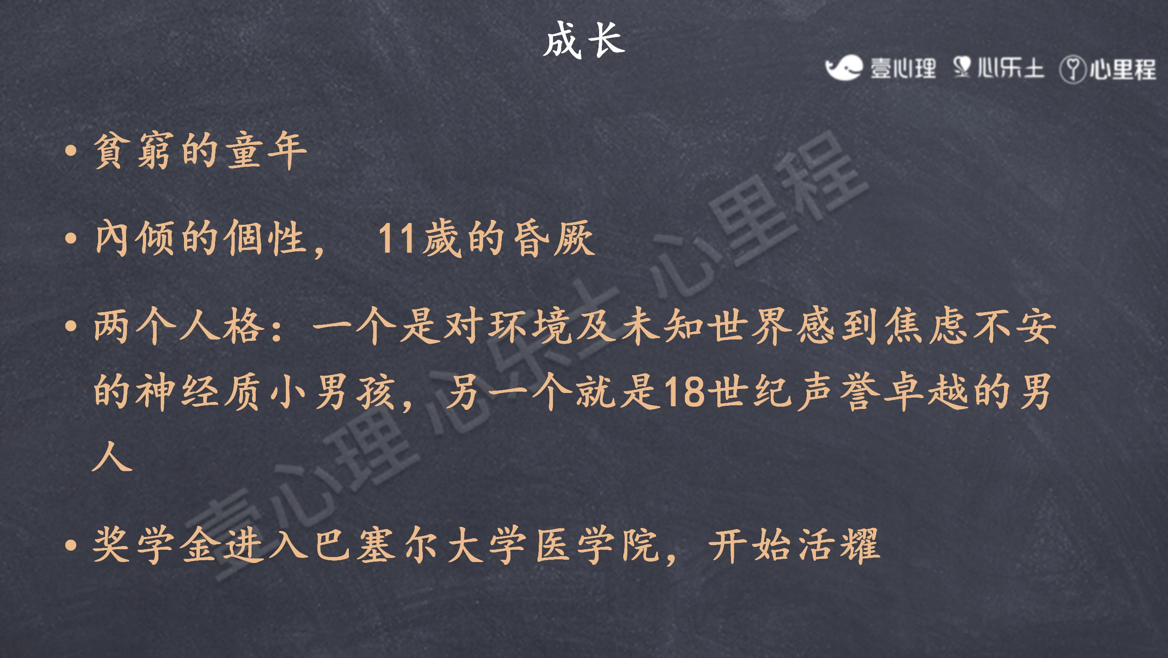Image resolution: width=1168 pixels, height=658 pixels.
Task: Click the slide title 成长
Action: [x=584, y=40]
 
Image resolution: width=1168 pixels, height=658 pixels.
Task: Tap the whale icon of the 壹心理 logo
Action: [x=843, y=68]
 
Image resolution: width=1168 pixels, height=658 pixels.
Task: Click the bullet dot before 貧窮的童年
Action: [x=70, y=151]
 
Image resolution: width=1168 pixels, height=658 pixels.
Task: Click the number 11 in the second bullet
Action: [x=396, y=238]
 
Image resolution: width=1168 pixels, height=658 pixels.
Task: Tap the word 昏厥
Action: [x=553, y=238]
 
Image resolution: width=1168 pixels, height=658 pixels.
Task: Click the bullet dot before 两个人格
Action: [x=70, y=326]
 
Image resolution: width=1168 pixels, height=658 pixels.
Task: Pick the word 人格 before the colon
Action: [x=222, y=326]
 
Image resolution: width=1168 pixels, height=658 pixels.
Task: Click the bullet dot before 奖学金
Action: [x=70, y=545]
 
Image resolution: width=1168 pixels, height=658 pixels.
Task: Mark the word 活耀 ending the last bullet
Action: [x=838, y=545]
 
